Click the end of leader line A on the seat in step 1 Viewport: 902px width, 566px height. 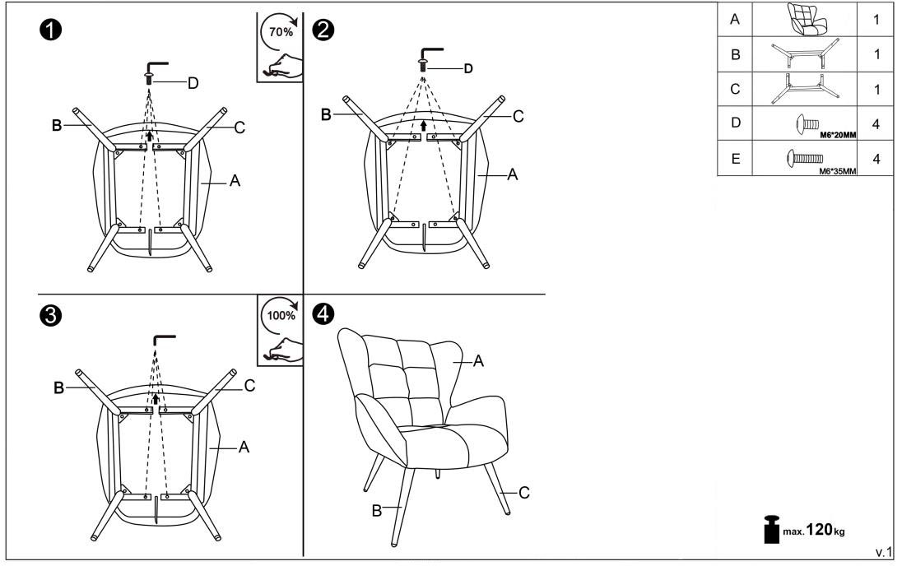(201, 183)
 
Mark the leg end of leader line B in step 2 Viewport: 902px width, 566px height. (362, 115)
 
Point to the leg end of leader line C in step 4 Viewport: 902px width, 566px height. (500, 493)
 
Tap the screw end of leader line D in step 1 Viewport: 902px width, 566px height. (154, 82)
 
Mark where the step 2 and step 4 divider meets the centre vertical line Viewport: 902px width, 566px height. (303, 295)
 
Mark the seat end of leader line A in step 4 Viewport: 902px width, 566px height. (453, 362)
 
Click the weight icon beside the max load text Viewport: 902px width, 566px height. (771, 529)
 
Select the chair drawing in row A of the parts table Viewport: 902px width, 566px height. (807, 19)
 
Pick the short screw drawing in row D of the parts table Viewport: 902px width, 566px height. (807, 123)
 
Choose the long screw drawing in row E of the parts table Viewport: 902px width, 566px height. (805, 158)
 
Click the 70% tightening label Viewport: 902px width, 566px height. (281, 32)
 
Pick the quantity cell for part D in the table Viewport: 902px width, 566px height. (876, 123)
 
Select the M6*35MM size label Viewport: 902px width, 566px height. (838, 171)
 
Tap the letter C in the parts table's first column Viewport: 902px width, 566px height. (735, 89)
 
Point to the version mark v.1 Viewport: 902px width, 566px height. (884, 552)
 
